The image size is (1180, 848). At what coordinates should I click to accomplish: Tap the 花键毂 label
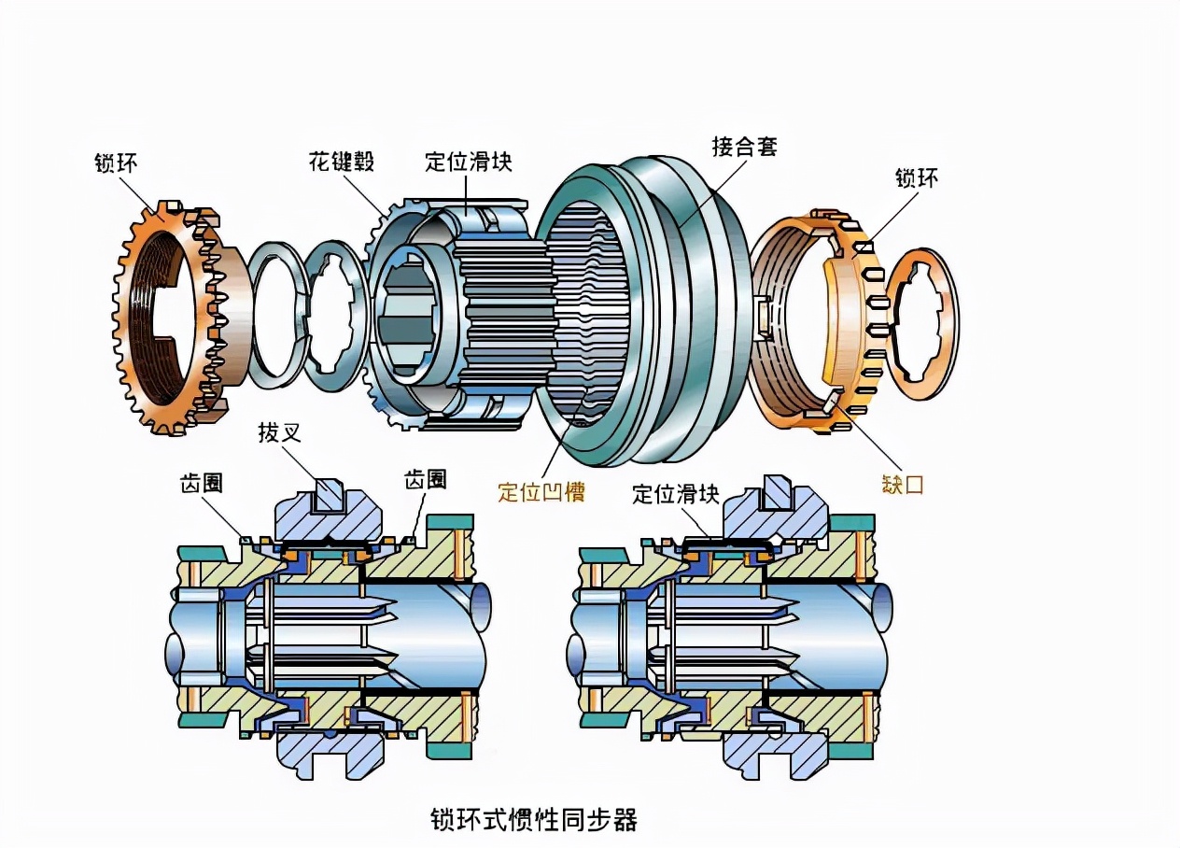point(342,162)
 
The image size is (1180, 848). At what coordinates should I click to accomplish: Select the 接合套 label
point(744,147)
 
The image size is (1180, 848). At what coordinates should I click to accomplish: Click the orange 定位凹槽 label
point(541,492)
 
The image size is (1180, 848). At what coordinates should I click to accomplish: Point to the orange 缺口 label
point(902,485)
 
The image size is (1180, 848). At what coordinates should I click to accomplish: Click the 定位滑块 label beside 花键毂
point(469,162)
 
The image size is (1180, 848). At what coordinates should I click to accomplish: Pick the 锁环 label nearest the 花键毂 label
point(117,163)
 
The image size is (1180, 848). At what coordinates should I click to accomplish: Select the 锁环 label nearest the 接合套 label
point(918,177)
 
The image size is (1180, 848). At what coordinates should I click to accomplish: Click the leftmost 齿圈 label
point(206,482)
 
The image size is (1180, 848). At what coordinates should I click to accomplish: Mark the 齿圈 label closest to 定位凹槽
point(425,479)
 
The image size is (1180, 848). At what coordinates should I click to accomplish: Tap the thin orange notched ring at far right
point(920,325)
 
